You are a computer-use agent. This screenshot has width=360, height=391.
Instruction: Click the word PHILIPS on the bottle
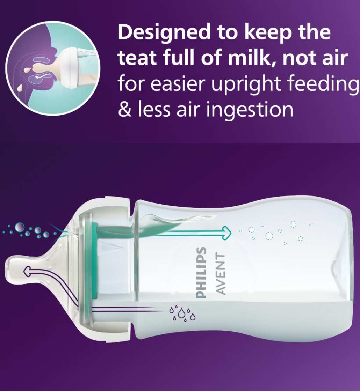coord(202,273)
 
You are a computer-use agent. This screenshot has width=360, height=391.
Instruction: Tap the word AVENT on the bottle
coord(220,273)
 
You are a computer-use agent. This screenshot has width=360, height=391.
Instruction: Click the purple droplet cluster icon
coord(182,313)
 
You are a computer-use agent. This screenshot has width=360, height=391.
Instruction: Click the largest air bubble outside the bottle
coord(20,227)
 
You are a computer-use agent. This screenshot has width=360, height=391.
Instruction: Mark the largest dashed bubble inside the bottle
coord(269,236)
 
